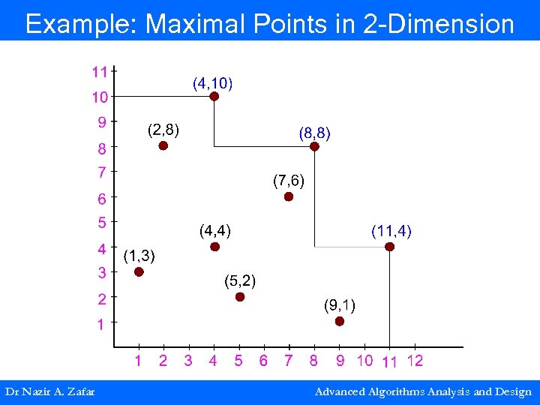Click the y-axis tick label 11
99,73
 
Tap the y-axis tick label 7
101,172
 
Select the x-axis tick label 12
415,361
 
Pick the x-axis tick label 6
263,361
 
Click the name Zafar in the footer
79,391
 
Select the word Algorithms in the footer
405,391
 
